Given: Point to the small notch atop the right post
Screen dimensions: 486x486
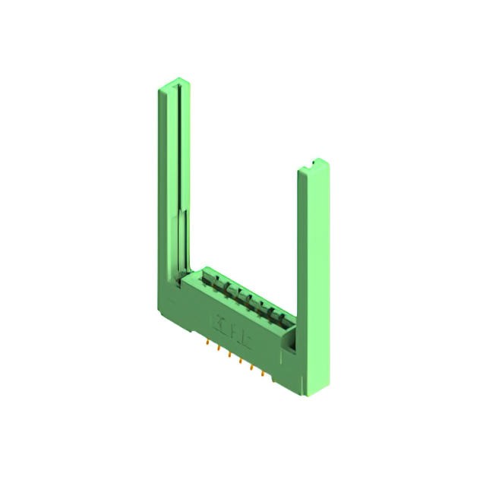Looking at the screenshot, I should [312, 163].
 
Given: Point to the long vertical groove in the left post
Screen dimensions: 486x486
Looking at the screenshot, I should [179, 152].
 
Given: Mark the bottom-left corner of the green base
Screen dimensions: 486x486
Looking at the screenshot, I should [162, 319].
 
